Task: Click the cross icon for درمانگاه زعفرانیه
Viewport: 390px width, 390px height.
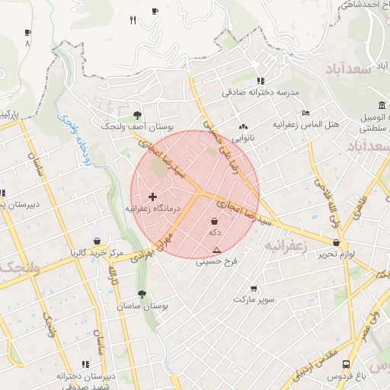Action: click(152, 197)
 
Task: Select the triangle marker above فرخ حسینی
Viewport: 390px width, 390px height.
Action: click(217, 250)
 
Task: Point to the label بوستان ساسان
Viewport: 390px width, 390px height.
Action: click(142, 305)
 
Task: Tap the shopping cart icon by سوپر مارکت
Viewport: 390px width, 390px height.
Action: click(253, 289)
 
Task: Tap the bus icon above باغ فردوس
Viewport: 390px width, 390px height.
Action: click(347, 365)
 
